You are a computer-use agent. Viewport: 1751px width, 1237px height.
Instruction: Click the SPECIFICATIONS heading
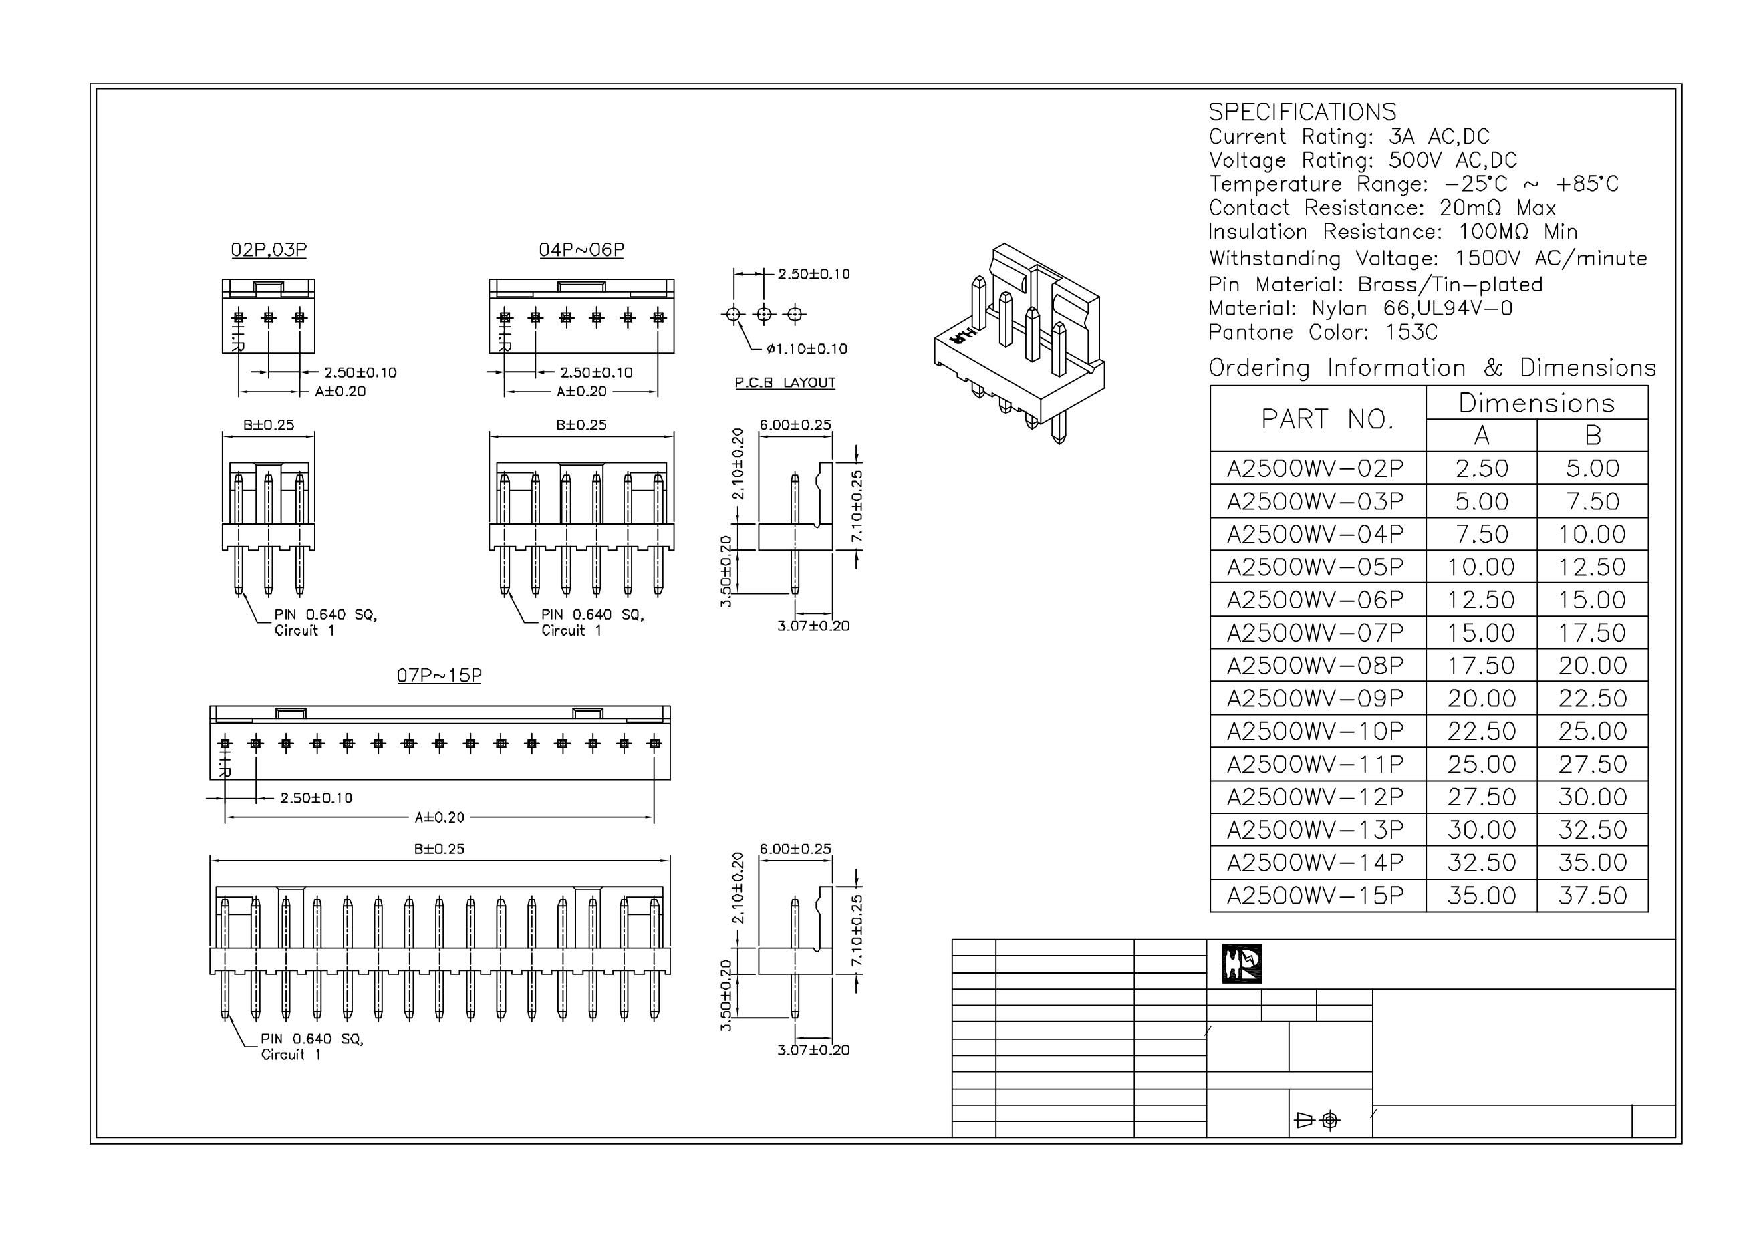(1302, 112)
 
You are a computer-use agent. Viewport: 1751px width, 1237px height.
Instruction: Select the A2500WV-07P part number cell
(1315, 633)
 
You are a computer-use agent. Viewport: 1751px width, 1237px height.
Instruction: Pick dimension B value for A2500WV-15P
(1593, 896)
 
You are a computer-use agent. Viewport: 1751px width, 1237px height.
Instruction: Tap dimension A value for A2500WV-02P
(1481, 468)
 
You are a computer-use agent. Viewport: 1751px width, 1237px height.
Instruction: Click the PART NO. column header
(1327, 419)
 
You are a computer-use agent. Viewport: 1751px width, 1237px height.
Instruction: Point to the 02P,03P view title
(269, 249)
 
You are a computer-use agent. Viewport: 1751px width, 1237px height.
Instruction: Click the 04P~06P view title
(581, 249)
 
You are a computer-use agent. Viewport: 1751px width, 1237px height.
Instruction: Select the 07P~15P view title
(439, 675)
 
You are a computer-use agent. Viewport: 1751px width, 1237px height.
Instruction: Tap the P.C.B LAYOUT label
(785, 382)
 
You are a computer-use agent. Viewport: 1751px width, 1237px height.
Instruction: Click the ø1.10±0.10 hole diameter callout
(807, 350)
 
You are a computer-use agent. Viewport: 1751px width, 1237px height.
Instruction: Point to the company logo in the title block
(1242, 963)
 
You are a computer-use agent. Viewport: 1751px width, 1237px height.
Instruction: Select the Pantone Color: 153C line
(1323, 333)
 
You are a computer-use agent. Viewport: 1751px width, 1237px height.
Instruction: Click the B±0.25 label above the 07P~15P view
(439, 849)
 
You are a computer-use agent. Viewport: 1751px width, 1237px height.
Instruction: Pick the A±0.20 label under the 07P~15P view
(439, 817)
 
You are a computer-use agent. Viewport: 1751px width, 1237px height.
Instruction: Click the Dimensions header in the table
(1536, 403)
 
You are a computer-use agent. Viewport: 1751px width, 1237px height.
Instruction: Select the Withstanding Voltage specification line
(1427, 258)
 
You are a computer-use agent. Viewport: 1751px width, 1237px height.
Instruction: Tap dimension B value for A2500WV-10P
(1593, 731)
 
